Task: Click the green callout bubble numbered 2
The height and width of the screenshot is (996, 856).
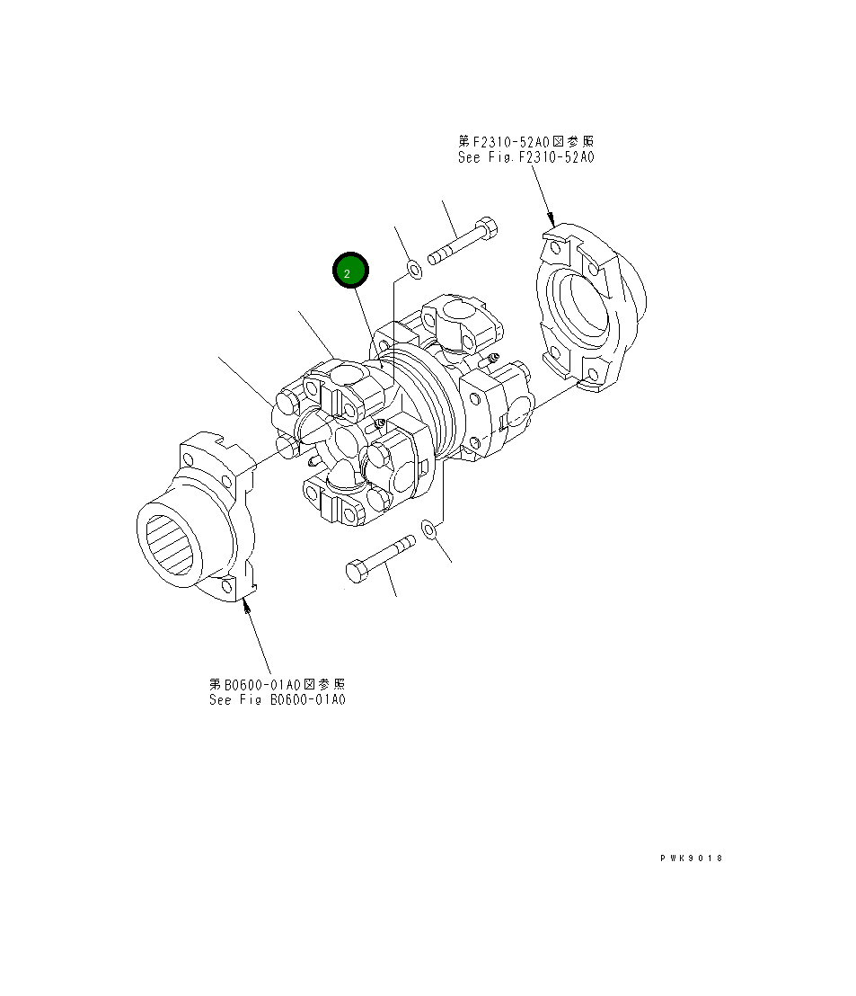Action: (x=350, y=271)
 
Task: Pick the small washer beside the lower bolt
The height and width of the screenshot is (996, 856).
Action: (x=429, y=530)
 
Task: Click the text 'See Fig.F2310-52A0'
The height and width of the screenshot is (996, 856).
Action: (x=525, y=156)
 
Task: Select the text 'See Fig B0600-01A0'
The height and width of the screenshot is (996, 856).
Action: (x=277, y=699)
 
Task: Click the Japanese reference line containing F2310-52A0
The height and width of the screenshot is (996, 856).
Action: (x=525, y=141)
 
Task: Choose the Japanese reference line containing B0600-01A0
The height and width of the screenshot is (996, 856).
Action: (x=277, y=684)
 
